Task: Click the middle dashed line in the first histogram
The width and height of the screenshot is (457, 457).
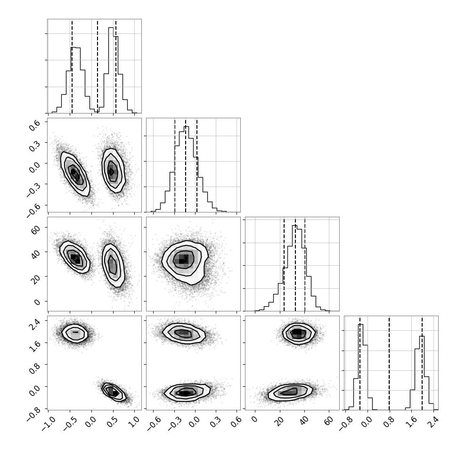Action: pos(98,66)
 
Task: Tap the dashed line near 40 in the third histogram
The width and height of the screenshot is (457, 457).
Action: pos(305,264)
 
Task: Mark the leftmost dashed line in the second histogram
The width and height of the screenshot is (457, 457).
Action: pos(175,165)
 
